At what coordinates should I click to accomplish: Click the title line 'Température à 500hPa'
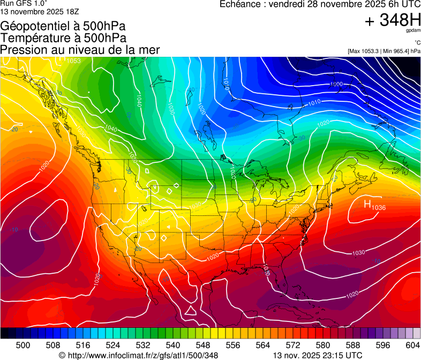[63, 38]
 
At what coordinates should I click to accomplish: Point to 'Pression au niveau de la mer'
[80, 50]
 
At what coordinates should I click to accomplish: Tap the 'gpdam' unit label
[412, 31]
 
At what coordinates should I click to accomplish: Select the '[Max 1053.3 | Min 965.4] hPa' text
[384, 51]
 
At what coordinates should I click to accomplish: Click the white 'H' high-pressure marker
[367, 204]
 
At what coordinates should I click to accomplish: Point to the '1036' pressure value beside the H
[379, 207]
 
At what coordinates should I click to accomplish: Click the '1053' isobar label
[73, 61]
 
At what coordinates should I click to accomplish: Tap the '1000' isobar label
[336, 84]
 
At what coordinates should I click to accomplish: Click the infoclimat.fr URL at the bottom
[138, 356]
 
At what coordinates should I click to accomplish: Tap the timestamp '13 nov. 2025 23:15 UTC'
[318, 356]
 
